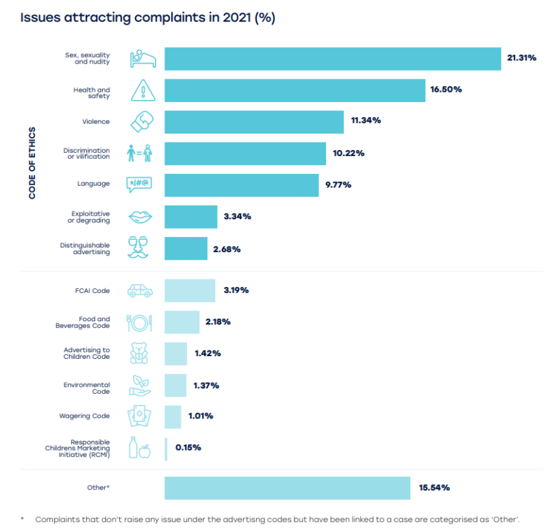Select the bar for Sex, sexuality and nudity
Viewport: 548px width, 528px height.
(333, 59)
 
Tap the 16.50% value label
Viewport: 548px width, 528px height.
(447, 90)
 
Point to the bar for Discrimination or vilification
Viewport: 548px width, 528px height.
(245, 153)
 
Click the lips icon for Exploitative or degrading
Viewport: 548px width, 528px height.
(141, 216)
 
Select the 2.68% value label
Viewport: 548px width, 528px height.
(227, 249)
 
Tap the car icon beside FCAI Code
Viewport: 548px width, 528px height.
(140, 290)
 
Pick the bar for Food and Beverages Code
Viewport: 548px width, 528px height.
(182, 322)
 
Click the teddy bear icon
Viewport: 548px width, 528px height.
(140, 353)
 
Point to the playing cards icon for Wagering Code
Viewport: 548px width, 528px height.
(140, 416)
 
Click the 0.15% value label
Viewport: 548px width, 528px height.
(188, 448)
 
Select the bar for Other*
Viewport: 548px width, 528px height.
(287, 488)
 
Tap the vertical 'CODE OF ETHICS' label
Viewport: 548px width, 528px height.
(32, 162)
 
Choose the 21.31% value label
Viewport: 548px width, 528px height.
(521, 58)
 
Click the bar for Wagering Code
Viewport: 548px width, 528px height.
(173, 416)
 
